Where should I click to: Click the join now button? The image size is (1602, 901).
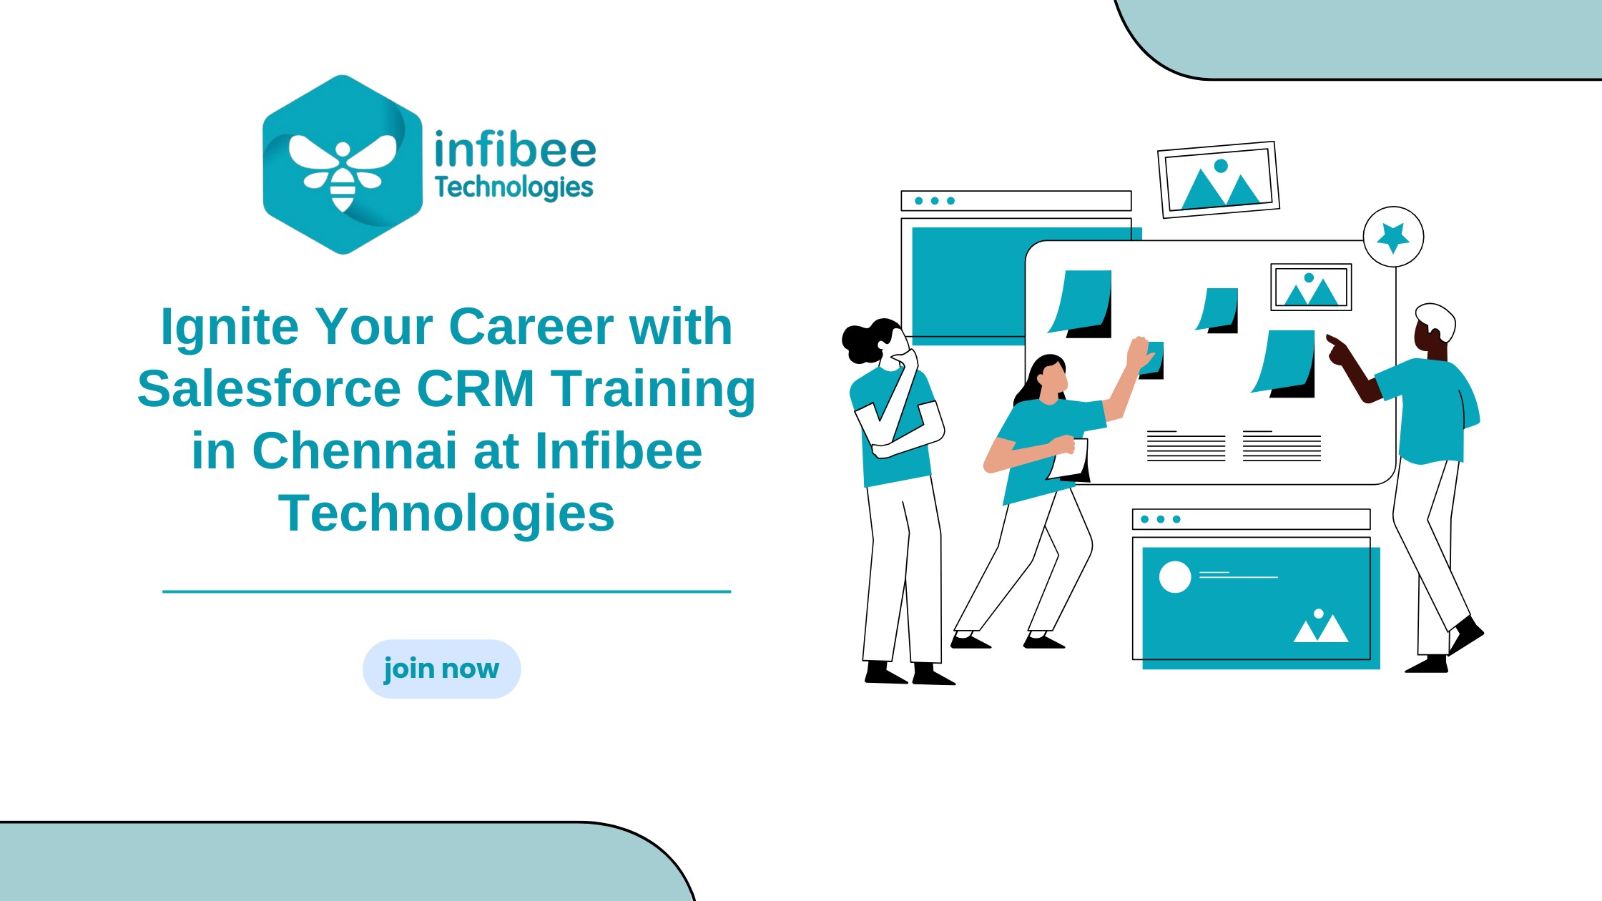(x=441, y=669)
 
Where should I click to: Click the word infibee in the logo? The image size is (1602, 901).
(x=515, y=149)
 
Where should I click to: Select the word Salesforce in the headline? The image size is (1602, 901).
(x=269, y=389)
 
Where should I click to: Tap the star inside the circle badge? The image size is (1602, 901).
(x=1392, y=237)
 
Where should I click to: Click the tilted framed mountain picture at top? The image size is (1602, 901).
(x=1219, y=179)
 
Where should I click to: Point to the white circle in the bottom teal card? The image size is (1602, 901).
(x=1174, y=577)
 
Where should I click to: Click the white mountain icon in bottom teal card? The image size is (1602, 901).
(x=1321, y=626)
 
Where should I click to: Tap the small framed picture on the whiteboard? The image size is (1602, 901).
(x=1311, y=287)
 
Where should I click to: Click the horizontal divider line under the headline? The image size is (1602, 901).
(x=446, y=591)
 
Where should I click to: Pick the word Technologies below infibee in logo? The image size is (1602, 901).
(x=514, y=187)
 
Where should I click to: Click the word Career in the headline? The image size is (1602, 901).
(x=531, y=328)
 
